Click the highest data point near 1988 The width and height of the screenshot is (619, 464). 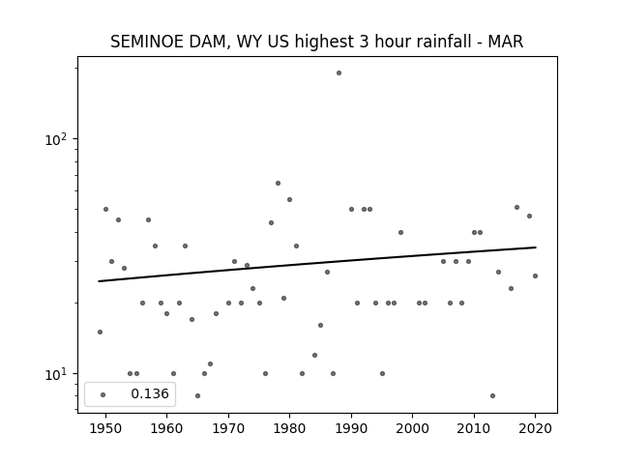click(x=339, y=73)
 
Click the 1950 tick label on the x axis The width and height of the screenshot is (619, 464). click(x=105, y=428)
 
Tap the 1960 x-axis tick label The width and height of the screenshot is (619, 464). click(x=166, y=428)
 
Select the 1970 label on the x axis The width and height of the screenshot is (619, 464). click(x=228, y=428)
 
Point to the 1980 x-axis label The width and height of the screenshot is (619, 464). click(x=289, y=428)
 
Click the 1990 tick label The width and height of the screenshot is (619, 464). click(x=351, y=428)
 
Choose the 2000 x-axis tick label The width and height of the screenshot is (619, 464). click(x=412, y=428)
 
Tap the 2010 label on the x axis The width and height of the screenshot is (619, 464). click(x=474, y=428)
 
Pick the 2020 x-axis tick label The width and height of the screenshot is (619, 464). click(x=535, y=428)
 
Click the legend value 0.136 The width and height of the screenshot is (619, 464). click(x=150, y=393)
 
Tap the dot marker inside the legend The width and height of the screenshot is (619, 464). click(x=103, y=394)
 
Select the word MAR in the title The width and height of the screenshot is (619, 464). click(x=505, y=42)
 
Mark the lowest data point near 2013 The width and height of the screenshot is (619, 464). click(x=492, y=395)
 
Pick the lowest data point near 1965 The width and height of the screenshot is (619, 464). click(x=197, y=395)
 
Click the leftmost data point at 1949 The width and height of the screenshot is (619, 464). click(x=100, y=332)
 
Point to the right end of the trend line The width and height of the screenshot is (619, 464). click(x=536, y=247)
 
